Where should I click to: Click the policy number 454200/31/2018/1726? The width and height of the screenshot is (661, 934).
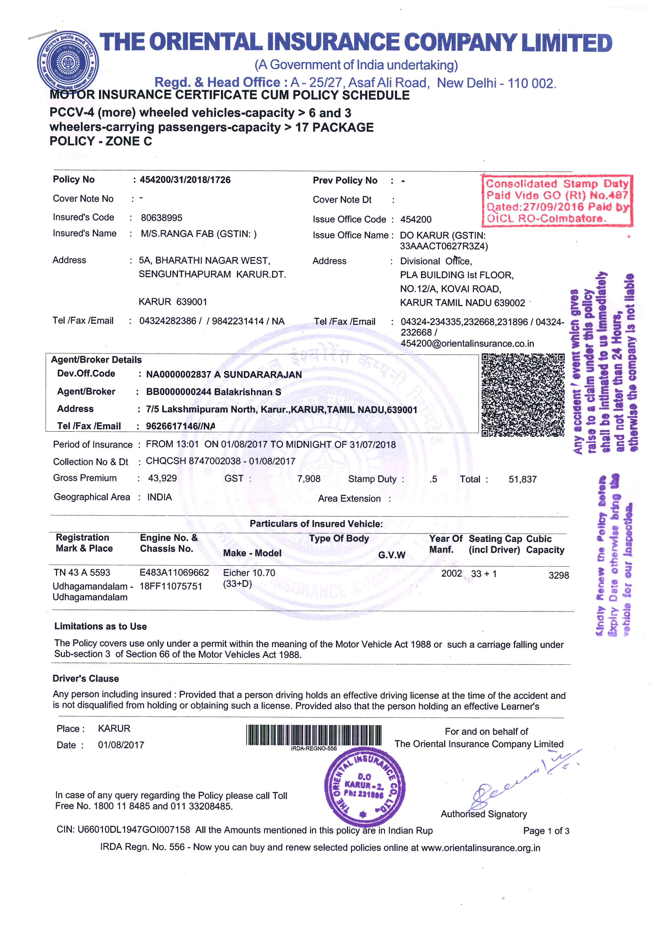[185, 180]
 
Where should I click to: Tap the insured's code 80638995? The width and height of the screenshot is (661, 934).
[162, 218]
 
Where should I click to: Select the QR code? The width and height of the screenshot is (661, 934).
[523, 395]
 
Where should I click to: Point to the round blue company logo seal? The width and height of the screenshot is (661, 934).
[67, 61]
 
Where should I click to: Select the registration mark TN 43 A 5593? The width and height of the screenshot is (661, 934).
[82, 573]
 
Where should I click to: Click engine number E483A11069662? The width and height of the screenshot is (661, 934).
[174, 573]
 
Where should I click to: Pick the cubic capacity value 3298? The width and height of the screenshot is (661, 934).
[558, 575]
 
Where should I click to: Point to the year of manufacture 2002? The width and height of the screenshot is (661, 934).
[452, 574]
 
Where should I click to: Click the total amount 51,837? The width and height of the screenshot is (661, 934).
[523, 480]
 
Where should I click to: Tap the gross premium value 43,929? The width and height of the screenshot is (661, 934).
[162, 478]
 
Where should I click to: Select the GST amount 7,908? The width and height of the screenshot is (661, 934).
[309, 479]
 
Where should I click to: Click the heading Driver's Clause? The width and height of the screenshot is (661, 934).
[86, 679]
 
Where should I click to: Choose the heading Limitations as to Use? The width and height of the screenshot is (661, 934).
[100, 626]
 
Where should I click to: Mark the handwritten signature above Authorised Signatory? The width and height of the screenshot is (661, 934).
[517, 783]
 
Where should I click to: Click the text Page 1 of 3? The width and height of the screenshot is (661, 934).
[546, 831]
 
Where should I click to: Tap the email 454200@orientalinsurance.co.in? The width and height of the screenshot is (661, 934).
[467, 344]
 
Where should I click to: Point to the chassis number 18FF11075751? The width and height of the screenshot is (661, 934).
[171, 586]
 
